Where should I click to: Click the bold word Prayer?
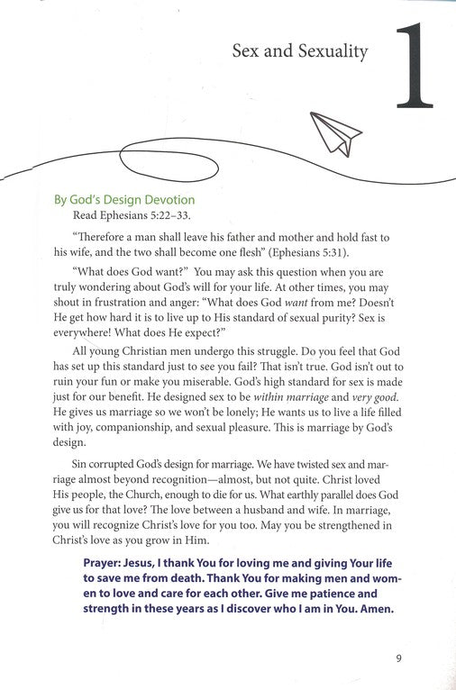point(105,562)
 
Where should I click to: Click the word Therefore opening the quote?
point(100,237)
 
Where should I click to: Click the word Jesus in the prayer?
point(152,562)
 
